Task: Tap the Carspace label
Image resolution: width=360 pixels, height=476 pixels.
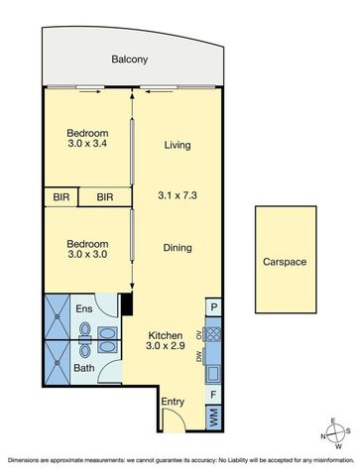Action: (285, 262)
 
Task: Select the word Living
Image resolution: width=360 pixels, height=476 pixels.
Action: (177, 145)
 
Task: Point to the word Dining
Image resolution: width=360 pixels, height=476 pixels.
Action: (177, 248)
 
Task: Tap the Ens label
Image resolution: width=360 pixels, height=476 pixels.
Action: (84, 309)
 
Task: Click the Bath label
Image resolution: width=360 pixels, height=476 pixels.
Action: (84, 368)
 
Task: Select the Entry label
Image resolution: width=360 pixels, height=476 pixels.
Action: (174, 401)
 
